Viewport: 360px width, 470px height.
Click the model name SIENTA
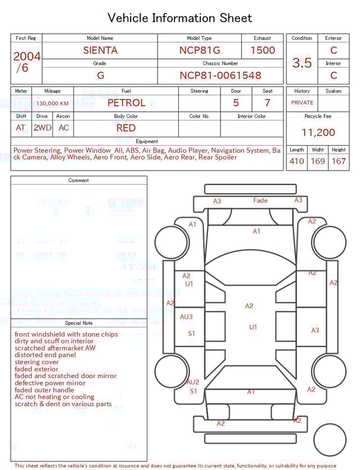100,50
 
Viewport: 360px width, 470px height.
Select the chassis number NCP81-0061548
220,75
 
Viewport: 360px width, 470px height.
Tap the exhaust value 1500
263,50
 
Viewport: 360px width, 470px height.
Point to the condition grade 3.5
302,62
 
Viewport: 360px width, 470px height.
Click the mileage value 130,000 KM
53,104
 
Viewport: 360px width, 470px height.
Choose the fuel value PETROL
126,103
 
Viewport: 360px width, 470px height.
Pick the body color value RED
126,128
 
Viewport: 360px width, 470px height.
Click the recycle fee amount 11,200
318,133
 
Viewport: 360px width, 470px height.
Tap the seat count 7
267,103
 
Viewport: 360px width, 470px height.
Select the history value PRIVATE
302,103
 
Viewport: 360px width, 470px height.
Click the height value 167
339,162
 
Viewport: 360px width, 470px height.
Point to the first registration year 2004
26,56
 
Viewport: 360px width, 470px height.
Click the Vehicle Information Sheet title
180,18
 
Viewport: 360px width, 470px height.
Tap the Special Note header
79,323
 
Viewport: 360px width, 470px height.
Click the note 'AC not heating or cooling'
55,397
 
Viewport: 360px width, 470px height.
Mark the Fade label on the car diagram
260,200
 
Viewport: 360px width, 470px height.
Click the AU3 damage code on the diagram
186,317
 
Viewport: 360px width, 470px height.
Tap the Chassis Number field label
220,64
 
